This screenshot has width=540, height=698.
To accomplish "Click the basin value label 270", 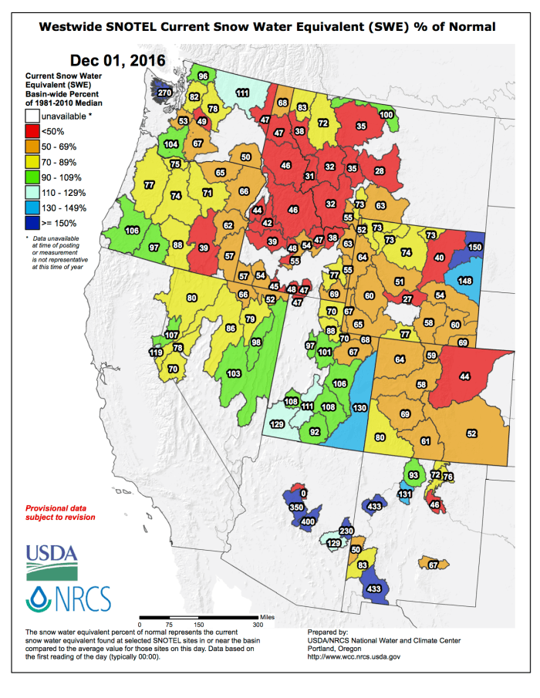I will [164, 93].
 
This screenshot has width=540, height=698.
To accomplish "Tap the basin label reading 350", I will [296, 508].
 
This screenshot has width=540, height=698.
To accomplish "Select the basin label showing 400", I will [308, 522].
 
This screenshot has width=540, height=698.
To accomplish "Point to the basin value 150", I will [474, 247].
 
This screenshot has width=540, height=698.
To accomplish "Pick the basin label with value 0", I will [303, 493].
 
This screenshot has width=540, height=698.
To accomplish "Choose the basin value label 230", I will [346, 531].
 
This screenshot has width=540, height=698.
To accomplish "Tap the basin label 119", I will [156, 352].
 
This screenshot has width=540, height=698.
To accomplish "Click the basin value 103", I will [234, 373].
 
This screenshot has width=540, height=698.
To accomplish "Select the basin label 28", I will [379, 170].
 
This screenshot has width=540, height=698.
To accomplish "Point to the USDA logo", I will [52, 561].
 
